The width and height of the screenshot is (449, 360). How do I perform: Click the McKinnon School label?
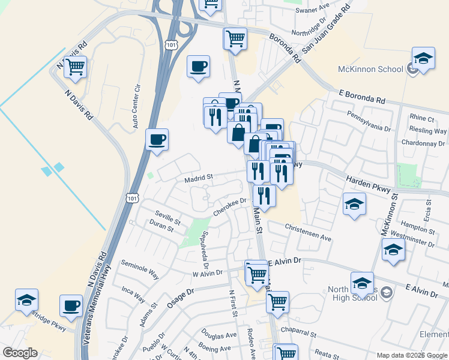point(370,69)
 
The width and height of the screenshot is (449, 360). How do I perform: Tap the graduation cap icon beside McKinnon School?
point(424,59)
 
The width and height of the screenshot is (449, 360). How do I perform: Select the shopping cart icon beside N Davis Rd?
point(76,68)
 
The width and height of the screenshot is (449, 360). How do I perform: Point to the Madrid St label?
point(199,177)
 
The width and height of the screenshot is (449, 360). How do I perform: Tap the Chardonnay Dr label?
point(424,143)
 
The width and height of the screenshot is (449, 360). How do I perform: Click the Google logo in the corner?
point(20,353)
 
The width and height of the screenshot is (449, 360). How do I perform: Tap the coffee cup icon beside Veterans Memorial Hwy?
point(71,306)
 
